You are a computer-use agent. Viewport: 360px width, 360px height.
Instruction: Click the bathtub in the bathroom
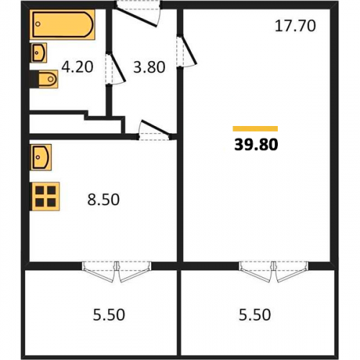[63, 24]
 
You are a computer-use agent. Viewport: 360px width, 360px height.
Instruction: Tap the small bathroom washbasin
[38, 53]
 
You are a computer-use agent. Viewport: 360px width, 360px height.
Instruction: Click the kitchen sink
[40, 158]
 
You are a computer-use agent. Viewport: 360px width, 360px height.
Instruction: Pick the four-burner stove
[45, 197]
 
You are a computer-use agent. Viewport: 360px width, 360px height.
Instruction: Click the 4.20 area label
[77, 67]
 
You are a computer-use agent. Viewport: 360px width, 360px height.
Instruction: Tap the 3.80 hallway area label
[149, 67]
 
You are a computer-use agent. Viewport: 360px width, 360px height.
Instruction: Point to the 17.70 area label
[295, 26]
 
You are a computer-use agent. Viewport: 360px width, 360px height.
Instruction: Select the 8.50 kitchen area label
[104, 199]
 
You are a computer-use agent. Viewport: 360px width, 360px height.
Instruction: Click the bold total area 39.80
[256, 145]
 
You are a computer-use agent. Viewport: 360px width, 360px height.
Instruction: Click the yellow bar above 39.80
[256, 129]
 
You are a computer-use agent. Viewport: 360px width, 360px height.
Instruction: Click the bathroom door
[115, 69]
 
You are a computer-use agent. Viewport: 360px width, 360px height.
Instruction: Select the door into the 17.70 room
[186, 51]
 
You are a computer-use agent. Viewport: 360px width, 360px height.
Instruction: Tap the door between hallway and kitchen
[155, 130]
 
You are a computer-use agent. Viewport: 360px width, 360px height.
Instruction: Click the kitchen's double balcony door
[117, 271]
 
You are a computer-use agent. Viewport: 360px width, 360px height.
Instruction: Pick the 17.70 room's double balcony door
[274, 271]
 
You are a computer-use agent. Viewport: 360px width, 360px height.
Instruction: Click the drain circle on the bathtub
[38, 24]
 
